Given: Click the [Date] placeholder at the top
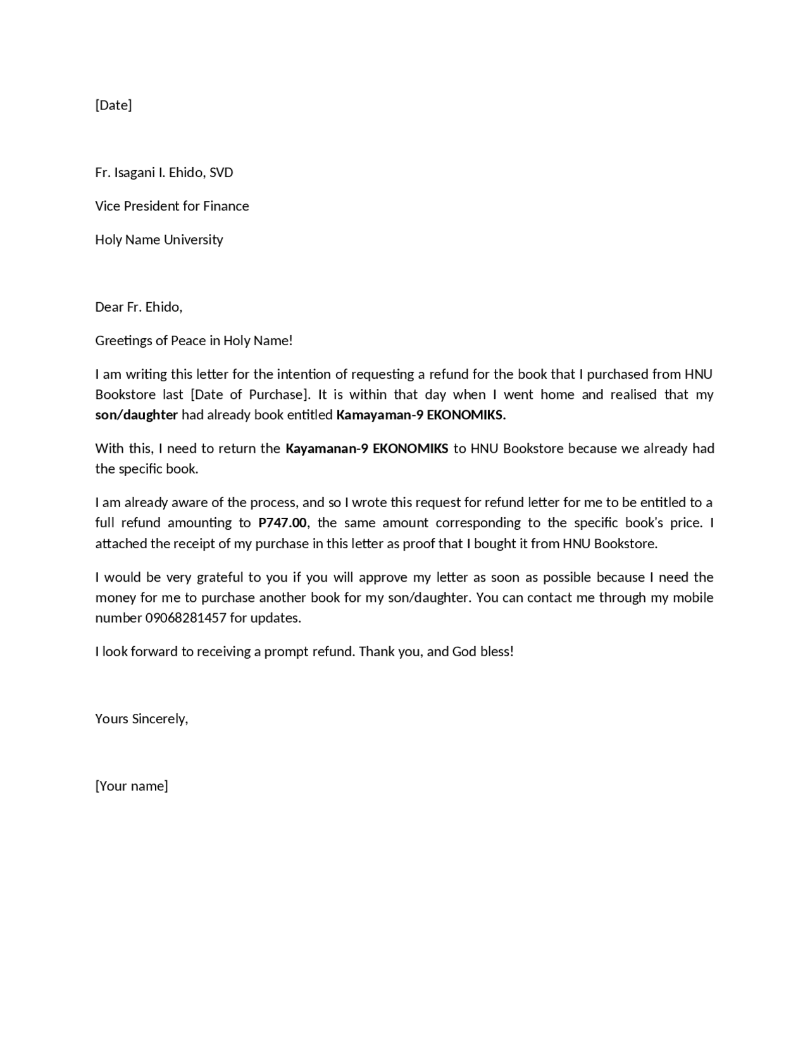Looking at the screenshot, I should [x=113, y=105].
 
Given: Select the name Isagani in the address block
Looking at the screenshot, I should [x=134, y=173].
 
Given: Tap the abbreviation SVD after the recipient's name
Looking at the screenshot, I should [x=221, y=173].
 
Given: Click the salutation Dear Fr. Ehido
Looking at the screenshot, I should [x=138, y=307].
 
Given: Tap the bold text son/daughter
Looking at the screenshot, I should [x=136, y=415].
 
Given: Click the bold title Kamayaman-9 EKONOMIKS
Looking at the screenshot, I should [x=420, y=415].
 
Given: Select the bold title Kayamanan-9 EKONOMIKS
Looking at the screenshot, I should [x=366, y=449].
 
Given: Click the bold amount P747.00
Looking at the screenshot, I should [x=282, y=523].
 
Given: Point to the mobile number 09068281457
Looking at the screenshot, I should [x=185, y=618].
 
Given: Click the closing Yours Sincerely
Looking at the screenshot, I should [x=141, y=719].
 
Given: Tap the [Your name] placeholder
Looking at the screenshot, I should [x=132, y=786].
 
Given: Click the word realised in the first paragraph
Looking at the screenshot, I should [x=633, y=395].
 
